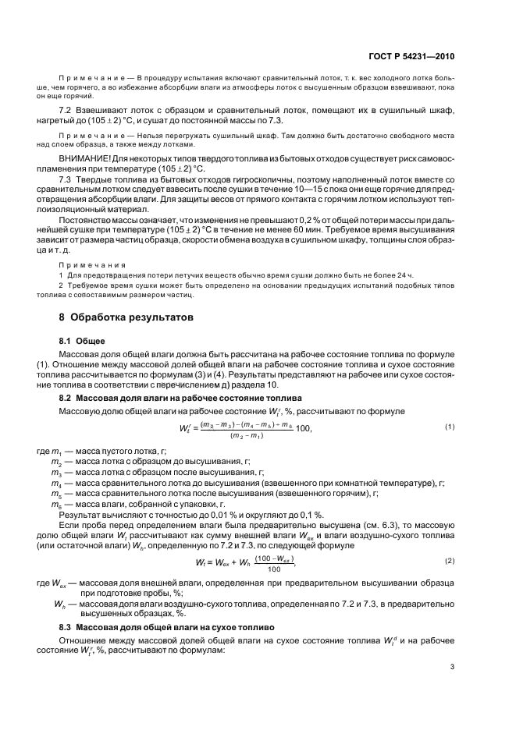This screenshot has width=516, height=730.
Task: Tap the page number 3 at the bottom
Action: click(453, 666)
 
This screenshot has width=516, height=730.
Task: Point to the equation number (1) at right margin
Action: click(450, 426)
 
